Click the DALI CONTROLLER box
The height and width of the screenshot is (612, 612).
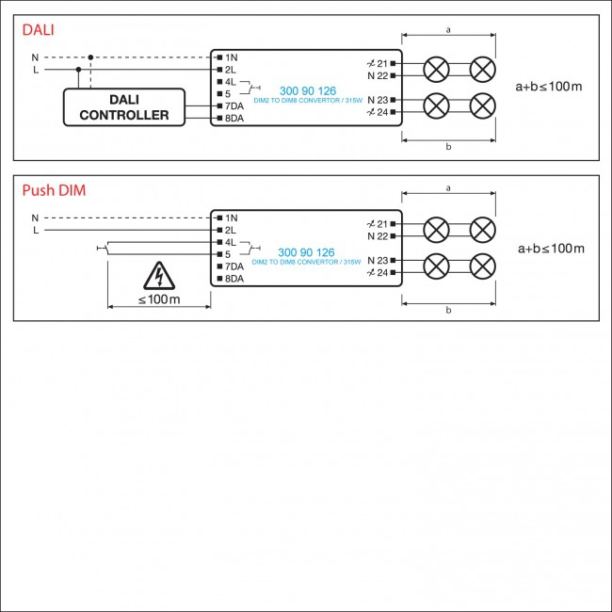pos(124,107)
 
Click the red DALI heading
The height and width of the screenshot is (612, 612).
pos(39,30)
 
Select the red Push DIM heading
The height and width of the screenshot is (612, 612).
pos(54,191)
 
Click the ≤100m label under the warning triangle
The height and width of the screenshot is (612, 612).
pos(158,299)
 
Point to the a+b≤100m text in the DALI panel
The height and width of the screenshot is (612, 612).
pos(550,87)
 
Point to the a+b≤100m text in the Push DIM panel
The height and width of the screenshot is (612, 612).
pos(551,249)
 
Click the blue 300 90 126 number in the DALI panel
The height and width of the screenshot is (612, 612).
pos(307,90)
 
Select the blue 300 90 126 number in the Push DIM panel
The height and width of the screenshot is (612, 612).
pos(307,252)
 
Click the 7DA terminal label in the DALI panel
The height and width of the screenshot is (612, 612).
pos(234,105)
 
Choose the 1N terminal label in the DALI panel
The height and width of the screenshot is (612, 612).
pos(232,57)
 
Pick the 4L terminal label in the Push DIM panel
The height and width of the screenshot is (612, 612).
pos(232,242)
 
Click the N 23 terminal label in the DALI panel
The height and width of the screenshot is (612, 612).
pos(378,100)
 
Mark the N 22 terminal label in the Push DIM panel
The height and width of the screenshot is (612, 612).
pos(378,236)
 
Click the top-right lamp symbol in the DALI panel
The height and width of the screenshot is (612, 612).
pos(483,69)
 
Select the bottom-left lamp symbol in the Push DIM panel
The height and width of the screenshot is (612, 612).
pos(437,266)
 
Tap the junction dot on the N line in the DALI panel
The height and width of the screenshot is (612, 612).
pos(90,57)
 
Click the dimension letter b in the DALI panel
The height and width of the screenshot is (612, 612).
pos(448,148)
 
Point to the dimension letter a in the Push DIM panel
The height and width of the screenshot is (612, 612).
pos(448,188)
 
